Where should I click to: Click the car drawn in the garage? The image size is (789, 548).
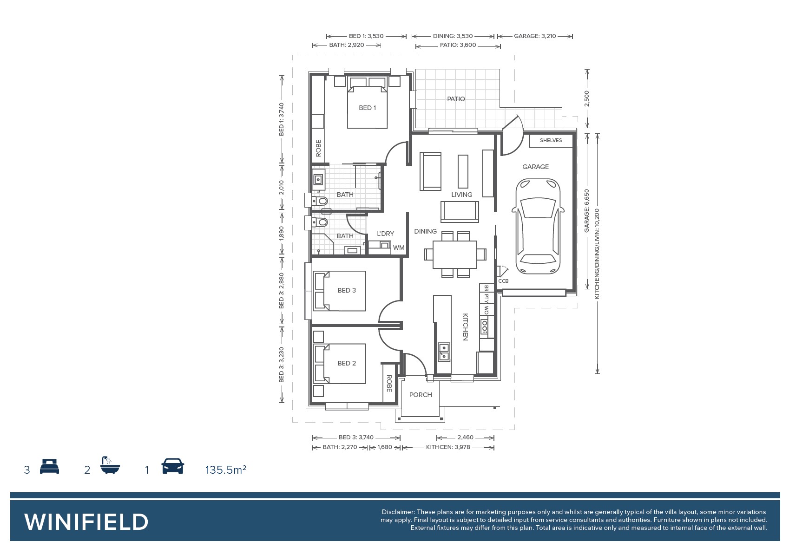(538, 226)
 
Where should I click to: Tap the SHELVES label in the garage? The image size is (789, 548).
(551, 140)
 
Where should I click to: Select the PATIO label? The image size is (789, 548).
(456, 99)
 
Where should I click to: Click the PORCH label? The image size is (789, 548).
(421, 395)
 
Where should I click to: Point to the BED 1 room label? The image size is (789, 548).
(368, 108)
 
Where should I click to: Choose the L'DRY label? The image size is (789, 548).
(385, 234)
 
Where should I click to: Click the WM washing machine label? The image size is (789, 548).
(399, 248)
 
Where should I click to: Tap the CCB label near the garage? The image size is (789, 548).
(503, 281)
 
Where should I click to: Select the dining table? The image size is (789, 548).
(455, 254)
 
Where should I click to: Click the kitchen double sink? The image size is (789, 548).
(444, 352)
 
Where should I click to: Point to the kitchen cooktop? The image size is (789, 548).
(484, 326)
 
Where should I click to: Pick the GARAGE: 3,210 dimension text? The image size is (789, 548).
(535, 36)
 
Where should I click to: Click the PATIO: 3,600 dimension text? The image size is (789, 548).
(458, 45)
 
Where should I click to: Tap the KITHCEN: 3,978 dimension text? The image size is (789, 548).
(448, 447)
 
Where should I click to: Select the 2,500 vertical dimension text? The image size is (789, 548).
(586, 98)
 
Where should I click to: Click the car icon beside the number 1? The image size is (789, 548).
(172, 466)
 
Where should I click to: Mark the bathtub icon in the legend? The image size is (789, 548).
(110, 465)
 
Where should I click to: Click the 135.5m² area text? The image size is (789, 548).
(226, 470)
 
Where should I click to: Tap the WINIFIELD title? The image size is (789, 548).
(86, 522)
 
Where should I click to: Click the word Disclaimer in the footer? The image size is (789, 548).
(398, 512)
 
